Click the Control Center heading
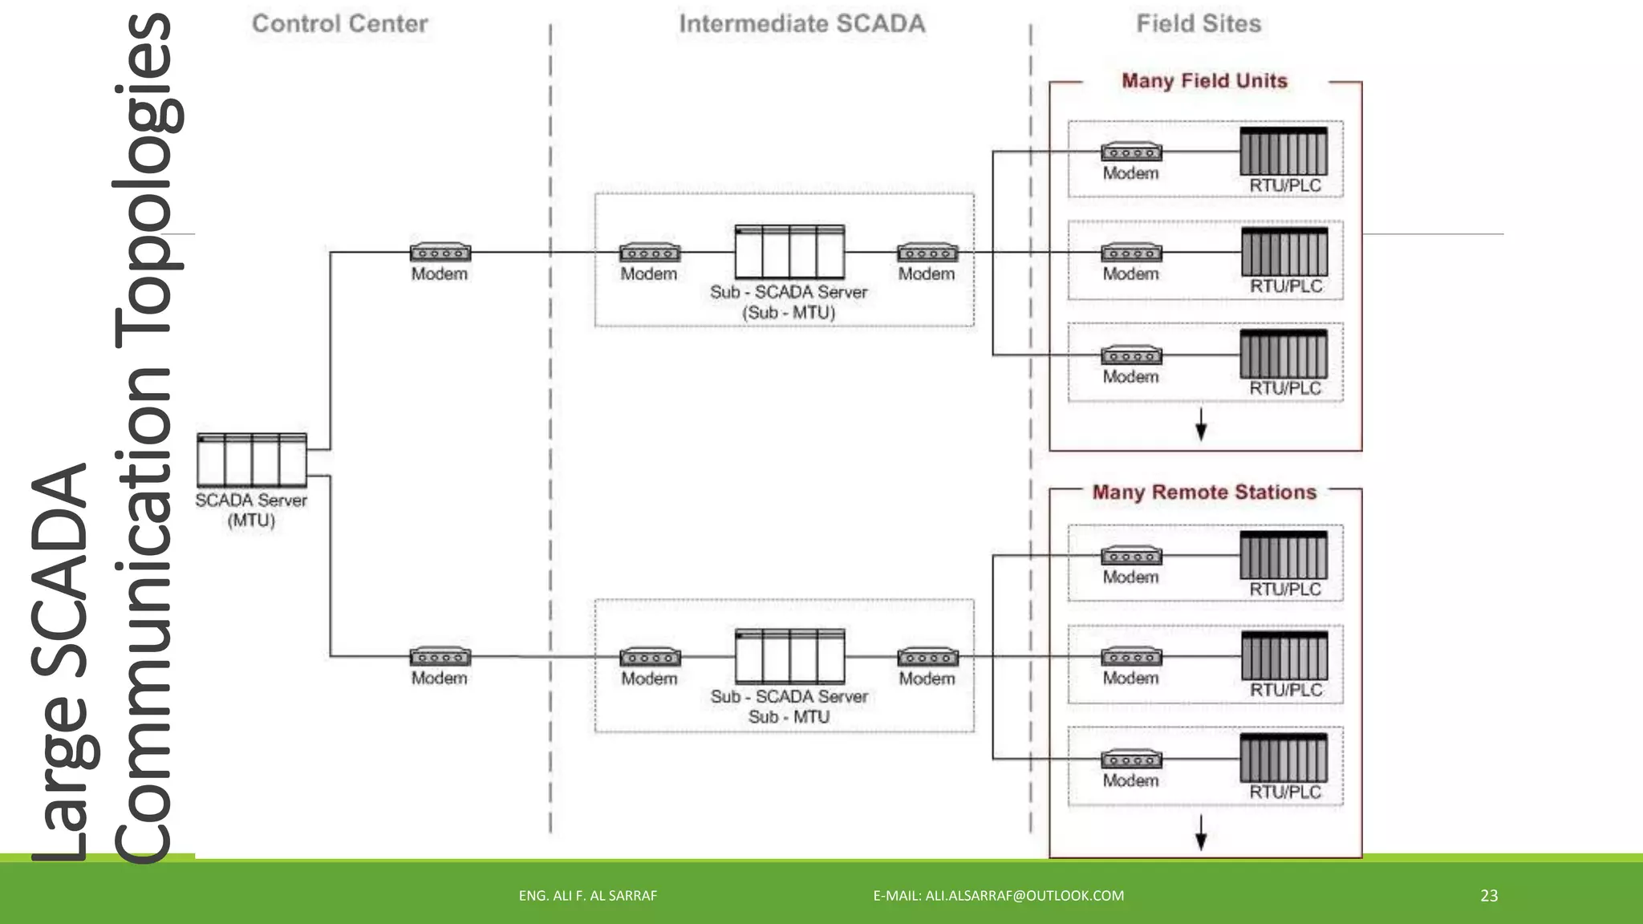pyautogui.click(x=339, y=24)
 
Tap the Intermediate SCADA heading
pyautogui.click(x=801, y=24)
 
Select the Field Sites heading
pyautogui.click(x=1199, y=24)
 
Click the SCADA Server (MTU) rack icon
pyautogui.click(x=252, y=460)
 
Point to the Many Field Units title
pyautogui.click(x=1204, y=81)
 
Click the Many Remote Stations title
pyautogui.click(x=1204, y=492)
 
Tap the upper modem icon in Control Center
pyautogui.click(x=440, y=253)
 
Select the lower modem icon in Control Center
pyautogui.click(x=440, y=657)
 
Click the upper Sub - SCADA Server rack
pyautogui.click(x=789, y=252)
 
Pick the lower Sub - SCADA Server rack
pyautogui.click(x=789, y=656)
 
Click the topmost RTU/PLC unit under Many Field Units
pyautogui.click(x=1284, y=152)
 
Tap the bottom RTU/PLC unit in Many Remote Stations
pyautogui.click(x=1284, y=758)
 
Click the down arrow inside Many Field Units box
pyautogui.click(x=1201, y=424)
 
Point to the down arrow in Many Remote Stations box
pyautogui.click(x=1201, y=833)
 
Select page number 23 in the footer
pyautogui.click(x=1489, y=896)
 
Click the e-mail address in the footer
pyautogui.click(x=998, y=896)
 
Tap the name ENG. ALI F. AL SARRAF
pyautogui.click(x=587, y=896)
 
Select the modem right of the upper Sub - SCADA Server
pyautogui.click(x=927, y=253)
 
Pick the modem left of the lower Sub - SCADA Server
pyautogui.click(x=650, y=657)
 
